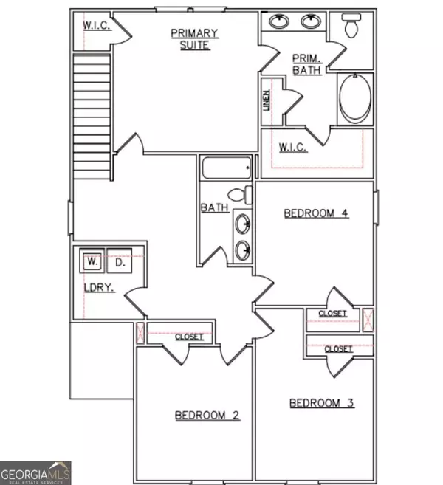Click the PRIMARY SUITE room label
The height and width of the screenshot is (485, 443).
click(x=195, y=39)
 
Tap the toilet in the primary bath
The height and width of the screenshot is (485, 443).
click(x=351, y=25)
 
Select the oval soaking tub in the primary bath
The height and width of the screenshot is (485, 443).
click(x=355, y=97)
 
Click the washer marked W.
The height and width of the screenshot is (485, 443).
click(x=92, y=261)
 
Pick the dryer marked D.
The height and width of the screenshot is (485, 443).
click(x=120, y=261)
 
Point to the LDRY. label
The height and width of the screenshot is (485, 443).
click(x=99, y=288)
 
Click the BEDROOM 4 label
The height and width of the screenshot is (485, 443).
click(x=316, y=213)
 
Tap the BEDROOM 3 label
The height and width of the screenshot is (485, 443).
click(x=322, y=403)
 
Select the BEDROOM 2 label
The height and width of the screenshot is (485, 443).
click(x=207, y=415)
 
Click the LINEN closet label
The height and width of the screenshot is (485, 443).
click(x=267, y=100)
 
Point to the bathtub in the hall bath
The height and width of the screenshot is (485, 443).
click(x=226, y=168)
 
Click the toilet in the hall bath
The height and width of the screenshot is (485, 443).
click(x=240, y=195)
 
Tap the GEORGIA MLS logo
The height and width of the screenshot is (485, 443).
click(x=35, y=473)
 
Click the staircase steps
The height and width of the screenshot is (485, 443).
click(x=92, y=117)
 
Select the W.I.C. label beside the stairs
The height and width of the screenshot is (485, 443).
click(x=97, y=25)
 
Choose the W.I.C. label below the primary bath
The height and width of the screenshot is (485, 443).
click(x=292, y=147)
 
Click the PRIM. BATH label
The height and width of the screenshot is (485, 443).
click(x=307, y=64)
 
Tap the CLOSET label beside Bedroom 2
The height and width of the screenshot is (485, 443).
click(x=189, y=337)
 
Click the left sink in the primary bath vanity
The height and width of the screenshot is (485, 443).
click(x=279, y=21)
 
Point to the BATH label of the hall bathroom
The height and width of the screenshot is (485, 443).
click(x=215, y=207)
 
